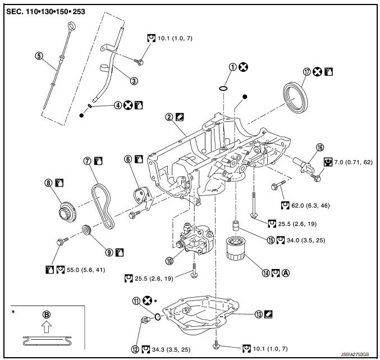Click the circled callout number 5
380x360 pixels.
[39, 56]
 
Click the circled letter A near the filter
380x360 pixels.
[286, 274]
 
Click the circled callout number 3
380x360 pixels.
[134, 80]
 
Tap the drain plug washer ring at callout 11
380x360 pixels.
[159, 317]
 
